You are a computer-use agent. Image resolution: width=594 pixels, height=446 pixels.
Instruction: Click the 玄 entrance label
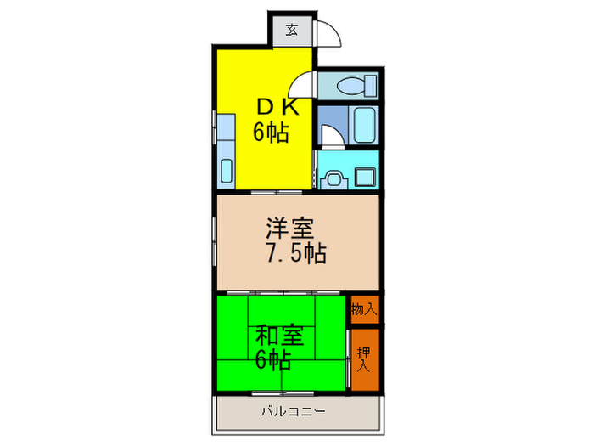click(291, 31)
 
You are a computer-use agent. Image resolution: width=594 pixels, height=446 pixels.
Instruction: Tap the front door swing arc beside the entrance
click(329, 34)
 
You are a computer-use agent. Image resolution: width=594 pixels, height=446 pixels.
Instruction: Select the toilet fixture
click(356, 86)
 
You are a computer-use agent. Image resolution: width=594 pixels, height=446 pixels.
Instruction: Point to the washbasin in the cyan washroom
click(333, 178)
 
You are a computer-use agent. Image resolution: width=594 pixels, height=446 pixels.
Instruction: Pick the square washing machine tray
click(367, 177)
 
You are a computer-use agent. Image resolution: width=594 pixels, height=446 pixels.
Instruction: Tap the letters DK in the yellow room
click(277, 105)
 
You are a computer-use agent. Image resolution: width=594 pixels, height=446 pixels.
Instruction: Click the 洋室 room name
click(291, 229)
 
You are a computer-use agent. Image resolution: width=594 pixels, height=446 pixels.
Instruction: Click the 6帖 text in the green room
click(273, 359)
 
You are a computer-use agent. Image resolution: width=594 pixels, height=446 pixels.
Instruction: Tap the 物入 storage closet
click(363, 309)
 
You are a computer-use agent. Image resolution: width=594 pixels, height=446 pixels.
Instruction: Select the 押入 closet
click(364, 358)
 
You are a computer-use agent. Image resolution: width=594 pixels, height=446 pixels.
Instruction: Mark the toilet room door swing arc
click(301, 86)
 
